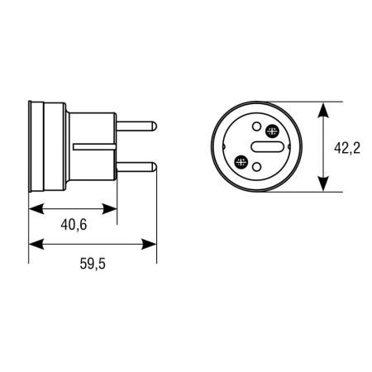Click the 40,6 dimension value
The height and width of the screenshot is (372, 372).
pos(74,225)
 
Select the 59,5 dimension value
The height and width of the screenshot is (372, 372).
pos(93,264)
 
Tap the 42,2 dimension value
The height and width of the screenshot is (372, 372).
pos(347,148)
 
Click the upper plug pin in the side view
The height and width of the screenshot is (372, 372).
pos(136,126)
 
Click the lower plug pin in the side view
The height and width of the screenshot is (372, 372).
pos(136,167)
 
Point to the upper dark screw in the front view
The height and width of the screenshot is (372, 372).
pos(272,131)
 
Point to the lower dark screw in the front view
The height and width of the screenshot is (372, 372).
pos(241,162)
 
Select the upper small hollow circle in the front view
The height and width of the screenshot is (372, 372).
pos(256,126)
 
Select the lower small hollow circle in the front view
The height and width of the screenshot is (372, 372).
pos(257,167)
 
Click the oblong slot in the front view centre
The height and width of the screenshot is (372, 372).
pos(267,146)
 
